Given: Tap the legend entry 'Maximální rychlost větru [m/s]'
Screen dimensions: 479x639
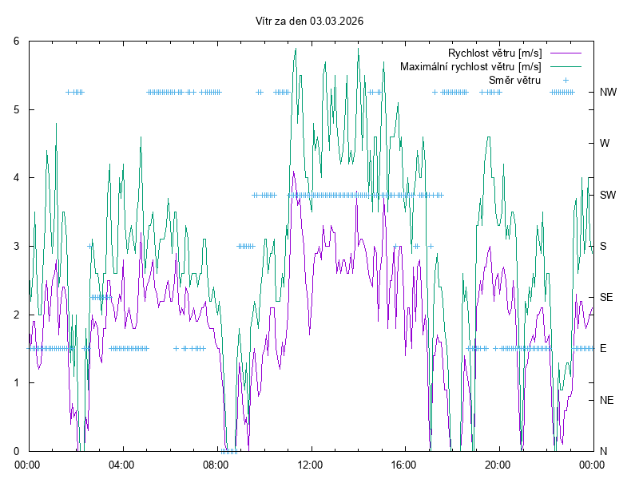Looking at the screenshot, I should coord(471,66).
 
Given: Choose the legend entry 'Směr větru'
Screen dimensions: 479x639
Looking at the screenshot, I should coord(515,80).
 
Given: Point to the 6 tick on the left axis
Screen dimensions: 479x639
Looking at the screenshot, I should coord(18,42).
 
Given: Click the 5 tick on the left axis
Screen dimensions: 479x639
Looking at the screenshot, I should coord(18,109).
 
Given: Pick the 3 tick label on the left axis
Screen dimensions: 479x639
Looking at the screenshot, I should coord(18,246).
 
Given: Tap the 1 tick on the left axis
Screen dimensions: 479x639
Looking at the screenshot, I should coord(18,382).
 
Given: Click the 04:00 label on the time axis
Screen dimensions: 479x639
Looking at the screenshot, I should coord(122,464).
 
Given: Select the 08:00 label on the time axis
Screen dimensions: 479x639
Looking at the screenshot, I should coord(216,464).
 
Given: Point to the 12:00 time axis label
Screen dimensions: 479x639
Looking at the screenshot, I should coord(310,464).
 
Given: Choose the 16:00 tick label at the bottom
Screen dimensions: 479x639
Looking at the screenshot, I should coord(404,464).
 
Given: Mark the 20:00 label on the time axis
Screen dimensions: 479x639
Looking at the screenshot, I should coord(498,464).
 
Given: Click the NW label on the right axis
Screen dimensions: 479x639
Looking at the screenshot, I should coord(608,92).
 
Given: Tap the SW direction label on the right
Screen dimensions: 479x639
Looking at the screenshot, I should coord(608,195).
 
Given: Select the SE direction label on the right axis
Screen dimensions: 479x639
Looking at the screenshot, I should coord(607,297).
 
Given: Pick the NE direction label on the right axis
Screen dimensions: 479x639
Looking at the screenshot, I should coord(607,400).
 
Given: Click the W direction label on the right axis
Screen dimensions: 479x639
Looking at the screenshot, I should coord(605,144).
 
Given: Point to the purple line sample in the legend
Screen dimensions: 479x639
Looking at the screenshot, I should coord(565,53).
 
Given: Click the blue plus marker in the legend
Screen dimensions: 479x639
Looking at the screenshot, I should coord(565,80).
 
